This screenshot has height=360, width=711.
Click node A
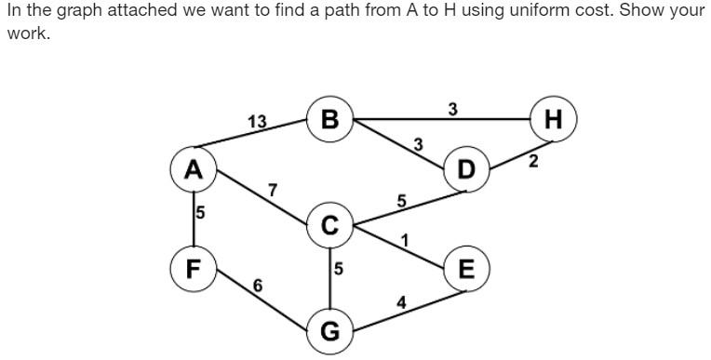[x=193, y=169]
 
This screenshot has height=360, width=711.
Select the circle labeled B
[x=329, y=120]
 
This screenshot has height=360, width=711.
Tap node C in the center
[x=330, y=225]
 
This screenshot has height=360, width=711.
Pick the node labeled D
[x=466, y=169]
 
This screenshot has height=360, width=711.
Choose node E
[x=466, y=269]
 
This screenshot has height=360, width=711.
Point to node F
[x=193, y=269]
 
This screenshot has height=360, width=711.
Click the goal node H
[x=554, y=120]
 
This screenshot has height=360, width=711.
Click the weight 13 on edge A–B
[x=257, y=122]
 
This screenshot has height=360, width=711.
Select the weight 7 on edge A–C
[x=272, y=191]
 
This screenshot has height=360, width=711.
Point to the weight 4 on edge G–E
[x=401, y=301]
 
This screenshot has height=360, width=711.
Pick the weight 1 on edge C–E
[x=404, y=241]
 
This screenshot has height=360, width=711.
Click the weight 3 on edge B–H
[x=452, y=109]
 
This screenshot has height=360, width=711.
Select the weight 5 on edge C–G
[x=339, y=269]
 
